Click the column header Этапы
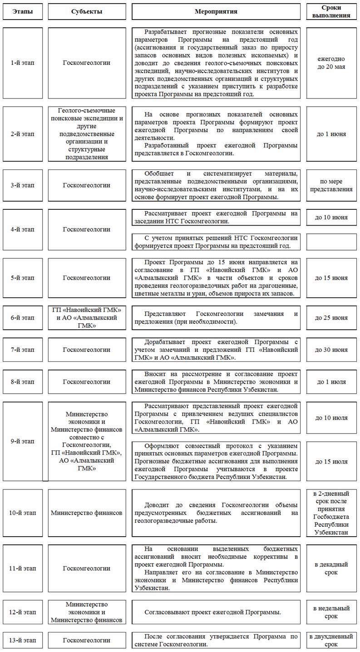pos(23,11)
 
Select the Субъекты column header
pos(87,11)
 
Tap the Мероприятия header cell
pos(216,11)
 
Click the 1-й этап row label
pos(23,63)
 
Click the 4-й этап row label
pos(23,229)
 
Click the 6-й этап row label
pos(23,318)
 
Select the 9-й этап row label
pos(23,441)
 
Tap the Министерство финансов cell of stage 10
pos(87,513)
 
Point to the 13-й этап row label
pos(23,640)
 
